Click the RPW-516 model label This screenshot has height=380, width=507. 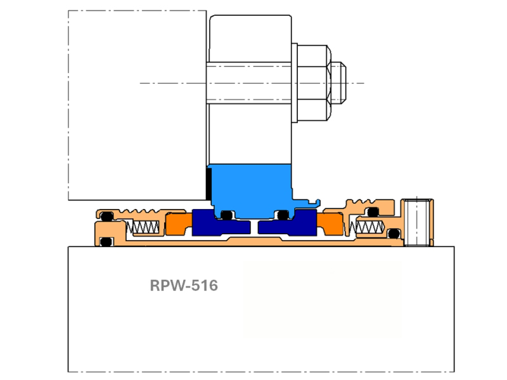coord(184,286)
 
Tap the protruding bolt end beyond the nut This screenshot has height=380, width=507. coord(338,82)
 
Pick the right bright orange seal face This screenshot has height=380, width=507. coord(330,224)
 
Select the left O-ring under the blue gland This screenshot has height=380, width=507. coord(226,215)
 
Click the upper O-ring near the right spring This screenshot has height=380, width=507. coord(374,212)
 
